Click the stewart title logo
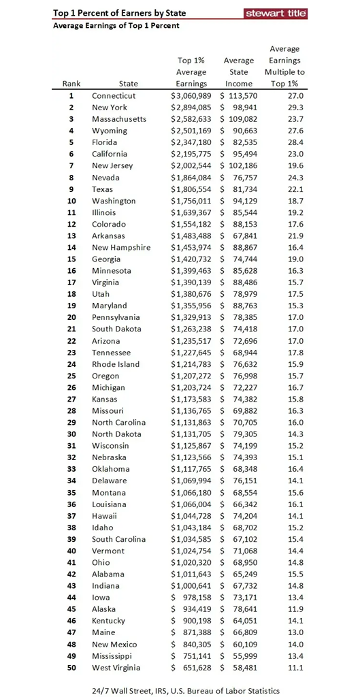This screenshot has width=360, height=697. pos(276,13)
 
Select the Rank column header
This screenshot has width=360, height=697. pos(71,84)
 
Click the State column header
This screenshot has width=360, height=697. pos(128,84)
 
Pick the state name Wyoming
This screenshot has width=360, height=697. pos(110,131)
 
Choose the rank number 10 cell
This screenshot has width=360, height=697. pos(71,201)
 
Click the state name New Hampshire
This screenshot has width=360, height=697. pos(121,248)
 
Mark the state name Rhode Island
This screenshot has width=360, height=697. pos(116,364)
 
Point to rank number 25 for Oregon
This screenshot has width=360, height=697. pos(71,376)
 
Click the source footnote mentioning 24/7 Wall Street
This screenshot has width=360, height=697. pos(186,691)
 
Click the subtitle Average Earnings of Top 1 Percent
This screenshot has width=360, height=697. pos(116,26)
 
